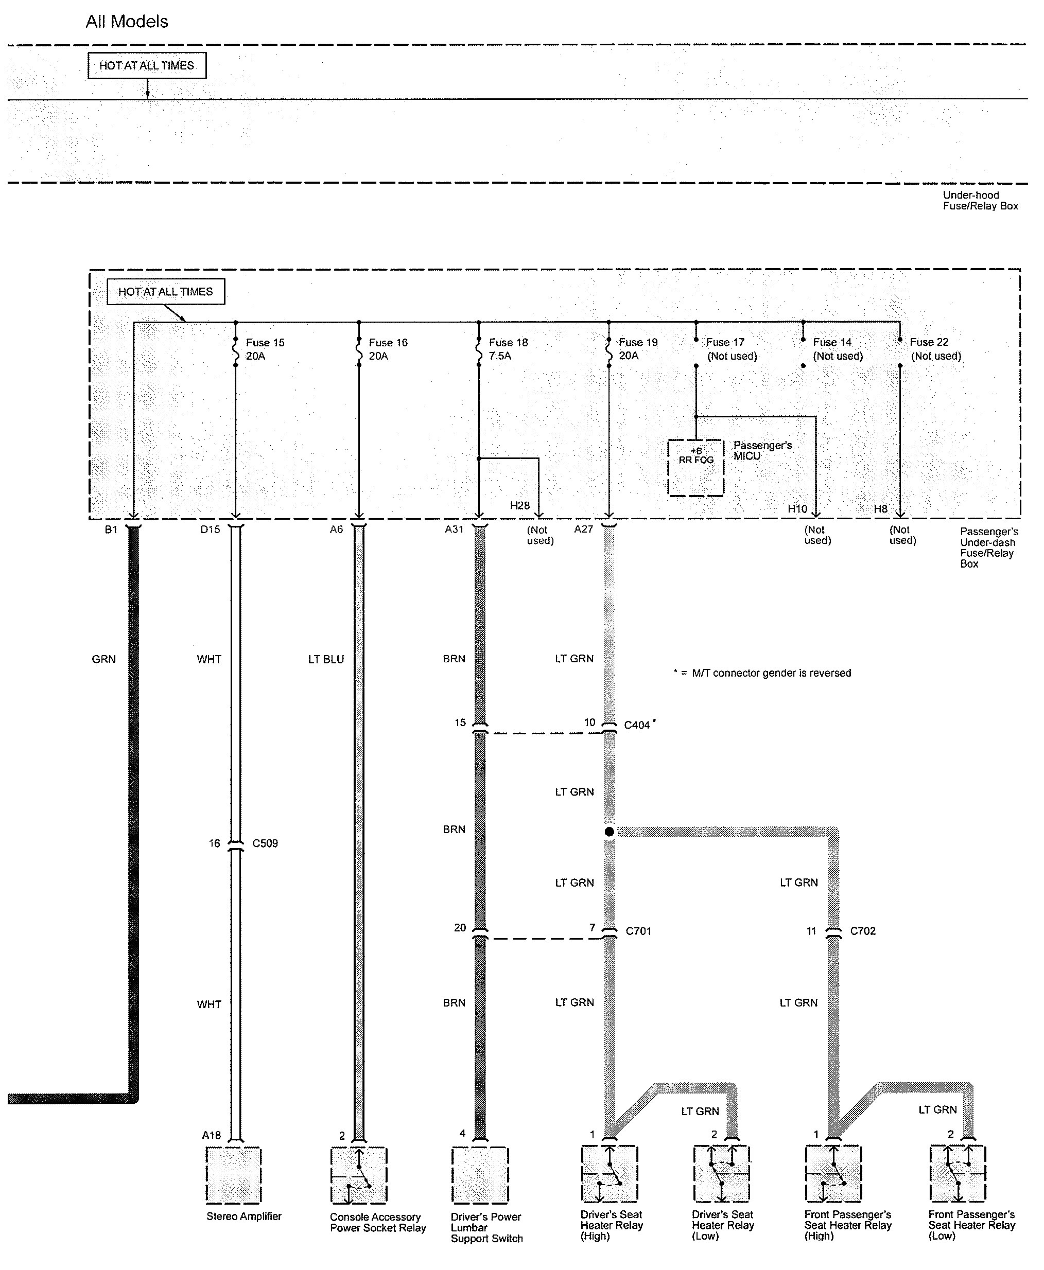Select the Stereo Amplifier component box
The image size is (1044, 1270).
234,1174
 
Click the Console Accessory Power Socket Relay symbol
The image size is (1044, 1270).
358,1175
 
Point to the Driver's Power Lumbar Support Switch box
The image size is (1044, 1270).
480,1175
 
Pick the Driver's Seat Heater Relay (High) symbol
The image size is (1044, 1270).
609,1174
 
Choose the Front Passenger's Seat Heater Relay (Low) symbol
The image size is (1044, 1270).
958,1173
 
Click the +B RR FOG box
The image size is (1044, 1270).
696,468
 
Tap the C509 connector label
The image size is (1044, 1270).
265,843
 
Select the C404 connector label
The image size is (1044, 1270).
637,725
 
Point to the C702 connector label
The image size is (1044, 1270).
863,931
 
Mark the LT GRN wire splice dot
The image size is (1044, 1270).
609,832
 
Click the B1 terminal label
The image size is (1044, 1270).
111,530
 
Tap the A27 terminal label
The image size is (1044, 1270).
583,529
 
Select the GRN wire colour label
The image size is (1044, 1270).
103,659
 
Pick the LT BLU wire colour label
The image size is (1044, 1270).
326,659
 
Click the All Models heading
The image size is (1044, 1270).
127,22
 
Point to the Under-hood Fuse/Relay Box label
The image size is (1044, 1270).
980,201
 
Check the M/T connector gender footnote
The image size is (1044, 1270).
762,673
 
